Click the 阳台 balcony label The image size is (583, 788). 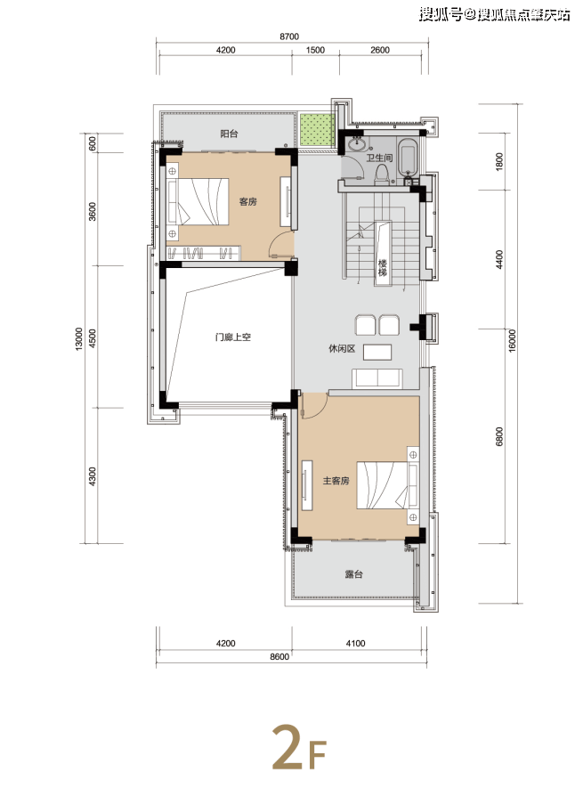(229, 134)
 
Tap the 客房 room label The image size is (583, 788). (247, 201)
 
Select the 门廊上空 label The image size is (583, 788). (232, 337)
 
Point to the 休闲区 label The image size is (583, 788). (342, 348)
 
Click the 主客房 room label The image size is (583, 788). (336, 481)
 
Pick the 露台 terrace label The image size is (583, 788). (354, 574)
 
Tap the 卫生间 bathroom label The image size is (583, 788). (379, 158)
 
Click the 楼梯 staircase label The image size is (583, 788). (383, 268)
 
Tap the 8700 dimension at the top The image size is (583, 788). (289, 37)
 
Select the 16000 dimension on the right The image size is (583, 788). (513, 341)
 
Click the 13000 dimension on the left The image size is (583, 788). (78, 338)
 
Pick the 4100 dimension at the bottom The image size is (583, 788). (355, 643)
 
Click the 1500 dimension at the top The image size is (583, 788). (315, 50)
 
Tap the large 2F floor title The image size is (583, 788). (300, 747)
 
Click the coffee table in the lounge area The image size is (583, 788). (377, 352)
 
